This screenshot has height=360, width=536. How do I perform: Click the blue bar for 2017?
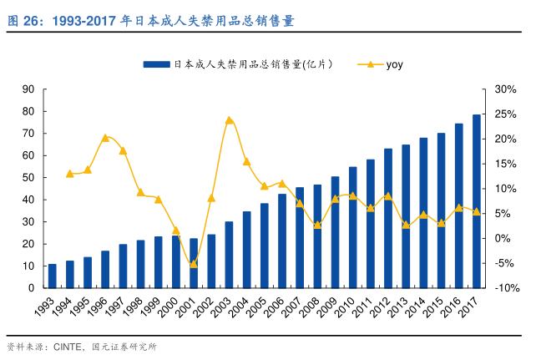click(476, 201)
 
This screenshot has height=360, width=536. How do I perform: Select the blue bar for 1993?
click(52, 276)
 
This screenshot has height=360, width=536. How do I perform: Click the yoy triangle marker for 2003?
click(229, 120)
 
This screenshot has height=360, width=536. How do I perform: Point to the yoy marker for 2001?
click(194, 264)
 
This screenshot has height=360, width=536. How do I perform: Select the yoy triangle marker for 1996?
click(105, 138)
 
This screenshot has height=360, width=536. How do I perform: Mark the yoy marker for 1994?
click(70, 174)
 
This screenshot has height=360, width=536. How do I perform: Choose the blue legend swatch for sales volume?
click(156, 64)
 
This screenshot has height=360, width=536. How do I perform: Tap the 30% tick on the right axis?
click(505, 89)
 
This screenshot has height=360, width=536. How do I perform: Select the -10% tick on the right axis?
click(505, 288)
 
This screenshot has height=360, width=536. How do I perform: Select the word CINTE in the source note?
click(69, 347)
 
